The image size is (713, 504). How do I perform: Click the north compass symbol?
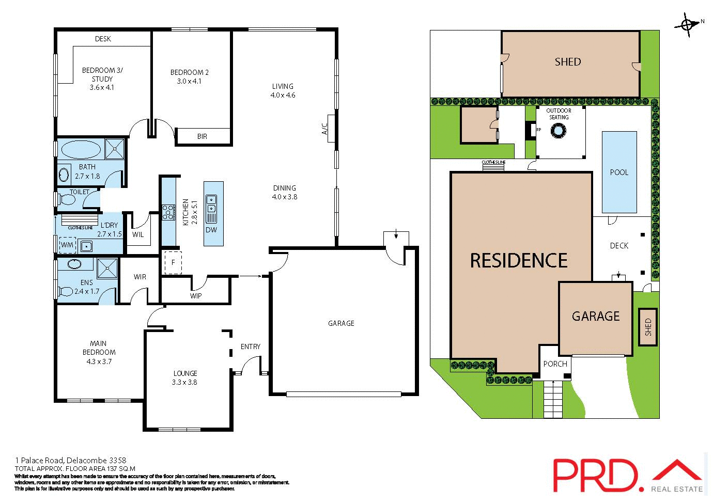688,24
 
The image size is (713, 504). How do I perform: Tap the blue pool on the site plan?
619,172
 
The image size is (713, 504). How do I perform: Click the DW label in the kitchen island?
211,230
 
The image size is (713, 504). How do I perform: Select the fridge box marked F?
173,262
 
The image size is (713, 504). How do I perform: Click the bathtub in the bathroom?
81,150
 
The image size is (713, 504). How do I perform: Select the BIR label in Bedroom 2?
202,136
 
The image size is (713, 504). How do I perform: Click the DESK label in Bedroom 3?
103,39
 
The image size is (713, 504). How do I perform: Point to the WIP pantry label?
196,296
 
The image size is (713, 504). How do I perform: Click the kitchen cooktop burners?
168,212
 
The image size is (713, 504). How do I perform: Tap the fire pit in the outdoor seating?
558,132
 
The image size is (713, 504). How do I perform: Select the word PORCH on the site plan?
555,364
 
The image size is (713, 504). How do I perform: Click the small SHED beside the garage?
648,327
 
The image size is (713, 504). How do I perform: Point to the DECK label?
619,245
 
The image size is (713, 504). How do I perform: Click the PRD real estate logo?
628,475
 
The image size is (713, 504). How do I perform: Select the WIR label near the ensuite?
140,277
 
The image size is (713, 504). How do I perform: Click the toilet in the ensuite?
66,292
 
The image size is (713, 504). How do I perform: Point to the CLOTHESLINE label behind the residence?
493,162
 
